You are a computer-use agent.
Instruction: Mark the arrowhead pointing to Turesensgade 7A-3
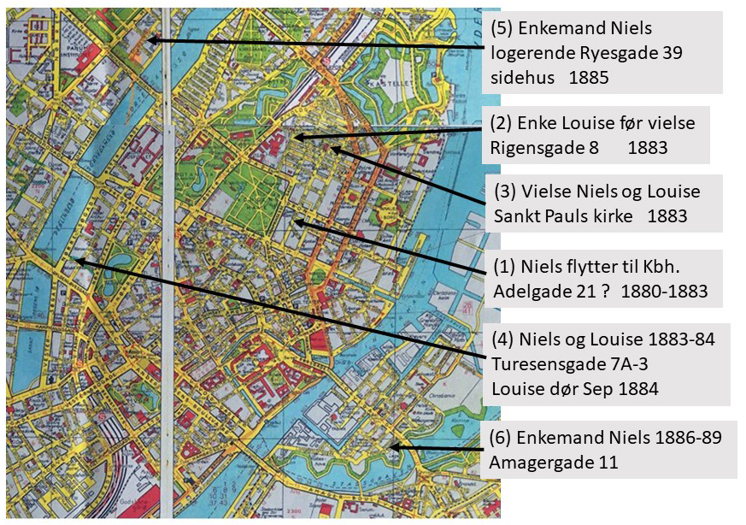click(76, 261)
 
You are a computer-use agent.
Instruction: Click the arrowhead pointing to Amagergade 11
click(390, 447)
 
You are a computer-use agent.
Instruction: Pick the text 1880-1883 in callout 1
click(665, 291)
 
